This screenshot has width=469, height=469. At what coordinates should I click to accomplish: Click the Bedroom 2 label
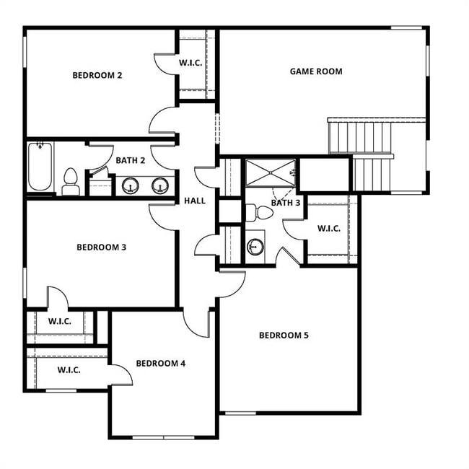point(97,74)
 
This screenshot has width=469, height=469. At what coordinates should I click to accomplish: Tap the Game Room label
point(316,71)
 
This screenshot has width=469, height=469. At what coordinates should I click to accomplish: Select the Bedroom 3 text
point(102,247)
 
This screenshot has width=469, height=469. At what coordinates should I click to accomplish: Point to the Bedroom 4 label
point(160,363)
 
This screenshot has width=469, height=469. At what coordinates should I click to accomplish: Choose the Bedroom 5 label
point(284,335)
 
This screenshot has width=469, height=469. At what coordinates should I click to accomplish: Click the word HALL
point(195,201)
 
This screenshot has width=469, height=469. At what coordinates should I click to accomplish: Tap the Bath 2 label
point(131,160)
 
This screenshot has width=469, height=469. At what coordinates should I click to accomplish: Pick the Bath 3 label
point(286,203)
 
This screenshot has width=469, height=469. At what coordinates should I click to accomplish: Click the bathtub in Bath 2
point(40,167)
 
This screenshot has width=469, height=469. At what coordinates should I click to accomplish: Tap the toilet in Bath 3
point(259,212)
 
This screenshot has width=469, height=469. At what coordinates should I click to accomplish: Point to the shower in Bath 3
point(270,173)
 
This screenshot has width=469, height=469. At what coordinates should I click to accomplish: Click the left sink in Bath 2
point(130,185)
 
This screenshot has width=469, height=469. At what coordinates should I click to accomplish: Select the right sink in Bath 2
point(159,185)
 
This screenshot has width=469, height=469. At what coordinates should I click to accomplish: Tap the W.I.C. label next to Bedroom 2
point(195,63)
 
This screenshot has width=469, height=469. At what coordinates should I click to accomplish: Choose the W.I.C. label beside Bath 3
point(329,229)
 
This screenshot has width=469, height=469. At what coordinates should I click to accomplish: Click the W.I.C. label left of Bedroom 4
point(69,370)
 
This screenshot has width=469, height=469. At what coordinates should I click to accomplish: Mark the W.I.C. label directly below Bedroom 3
point(60,321)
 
